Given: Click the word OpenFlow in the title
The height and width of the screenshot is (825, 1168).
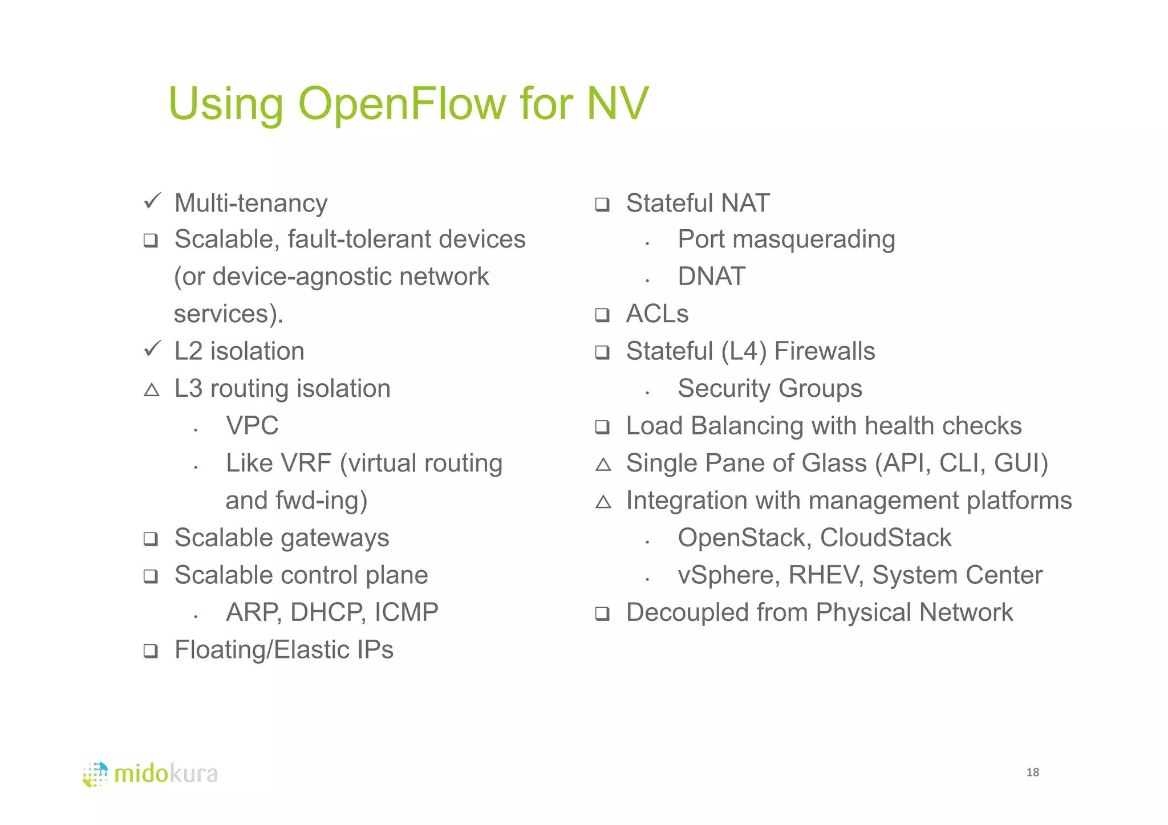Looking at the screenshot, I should click(x=401, y=104).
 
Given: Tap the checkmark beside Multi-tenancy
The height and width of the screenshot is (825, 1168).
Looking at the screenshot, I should click(x=152, y=201).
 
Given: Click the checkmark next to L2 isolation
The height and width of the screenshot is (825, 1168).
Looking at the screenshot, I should click(x=152, y=348).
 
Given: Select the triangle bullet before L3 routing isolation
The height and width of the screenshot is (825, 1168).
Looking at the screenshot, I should click(x=152, y=390).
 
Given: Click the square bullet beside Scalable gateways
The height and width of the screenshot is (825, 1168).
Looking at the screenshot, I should click(x=151, y=539).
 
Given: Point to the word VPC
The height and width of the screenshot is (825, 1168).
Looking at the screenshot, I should click(x=252, y=426).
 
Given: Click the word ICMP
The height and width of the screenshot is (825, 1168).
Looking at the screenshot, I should click(x=407, y=612).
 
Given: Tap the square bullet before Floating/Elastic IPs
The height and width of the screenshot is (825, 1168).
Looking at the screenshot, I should click(x=151, y=651).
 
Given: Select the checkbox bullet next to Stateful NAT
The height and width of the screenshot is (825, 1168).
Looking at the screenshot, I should click(x=602, y=204).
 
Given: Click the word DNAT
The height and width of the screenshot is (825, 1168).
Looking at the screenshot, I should click(x=711, y=277).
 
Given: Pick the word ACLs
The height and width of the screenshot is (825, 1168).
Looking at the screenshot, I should click(x=657, y=314).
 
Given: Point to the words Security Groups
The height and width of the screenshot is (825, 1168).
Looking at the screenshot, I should click(x=769, y=389).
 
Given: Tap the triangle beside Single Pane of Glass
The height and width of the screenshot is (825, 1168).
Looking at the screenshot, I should click(x=603, y=465).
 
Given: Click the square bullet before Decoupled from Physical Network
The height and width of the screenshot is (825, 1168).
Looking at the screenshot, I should click(x=602, y=613).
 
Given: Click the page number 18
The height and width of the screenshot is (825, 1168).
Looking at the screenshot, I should click(x=1032, y=773).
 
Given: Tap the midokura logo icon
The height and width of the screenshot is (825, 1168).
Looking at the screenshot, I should click(x=95, y=774).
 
